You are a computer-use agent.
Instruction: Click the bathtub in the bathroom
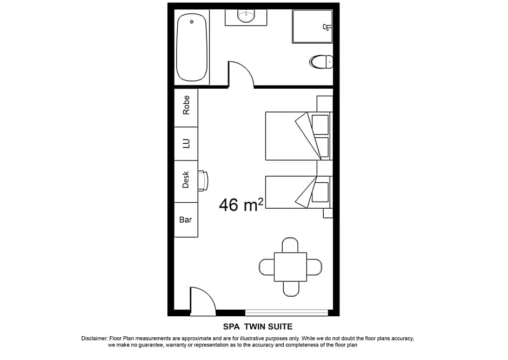click(192, 49)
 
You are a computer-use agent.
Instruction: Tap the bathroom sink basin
click(246, 16)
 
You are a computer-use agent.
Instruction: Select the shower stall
click(312, 26)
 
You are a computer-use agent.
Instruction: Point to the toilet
click(321, 62)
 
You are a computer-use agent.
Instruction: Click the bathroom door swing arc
click(242, 74)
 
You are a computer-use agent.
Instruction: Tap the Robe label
click(186, 105)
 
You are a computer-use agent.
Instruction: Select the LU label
click(186, 143)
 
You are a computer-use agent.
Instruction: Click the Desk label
click(186, 181)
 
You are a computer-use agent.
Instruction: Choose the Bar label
click(186, 219)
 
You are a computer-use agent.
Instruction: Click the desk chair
click(203, 181)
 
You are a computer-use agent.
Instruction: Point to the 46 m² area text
click(241, 204)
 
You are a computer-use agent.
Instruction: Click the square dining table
click(290, 267)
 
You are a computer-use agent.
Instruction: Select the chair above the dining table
click(290, 245)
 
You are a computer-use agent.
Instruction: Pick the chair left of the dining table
click(267, 267)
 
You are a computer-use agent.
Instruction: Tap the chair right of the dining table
click(314, 267)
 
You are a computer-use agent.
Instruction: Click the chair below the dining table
click(290, 289)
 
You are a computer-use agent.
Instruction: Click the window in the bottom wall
click(286, 312)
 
